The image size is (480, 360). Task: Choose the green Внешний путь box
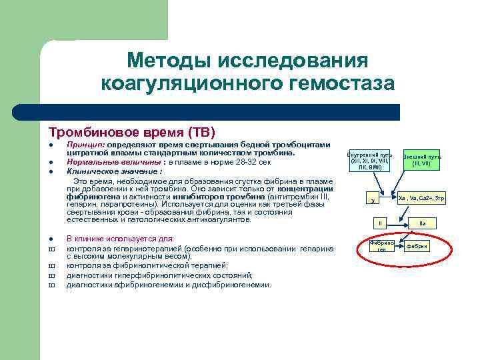[422, 159]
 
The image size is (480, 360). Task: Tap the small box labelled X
[373, 199]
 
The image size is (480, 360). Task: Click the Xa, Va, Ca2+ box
[421, 198]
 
